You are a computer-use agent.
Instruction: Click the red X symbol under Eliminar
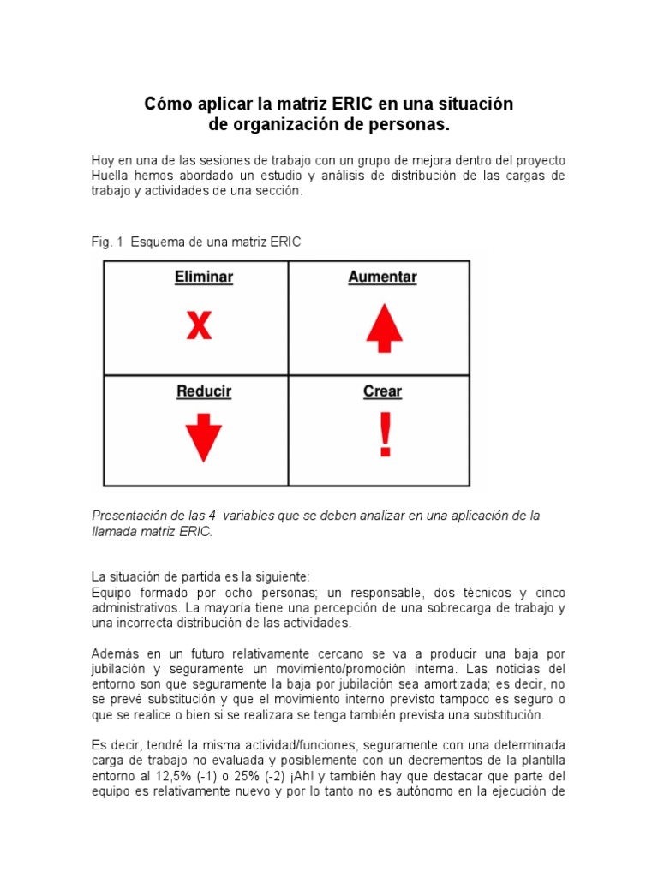[199, 325]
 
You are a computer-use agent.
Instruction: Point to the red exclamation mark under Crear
[386, 435]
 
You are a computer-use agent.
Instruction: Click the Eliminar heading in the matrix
[204, 277]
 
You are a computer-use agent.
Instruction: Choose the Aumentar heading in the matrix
[382, 277]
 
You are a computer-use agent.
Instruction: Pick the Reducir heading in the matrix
[204, 391]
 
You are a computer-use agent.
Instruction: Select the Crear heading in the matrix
[382, 391]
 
